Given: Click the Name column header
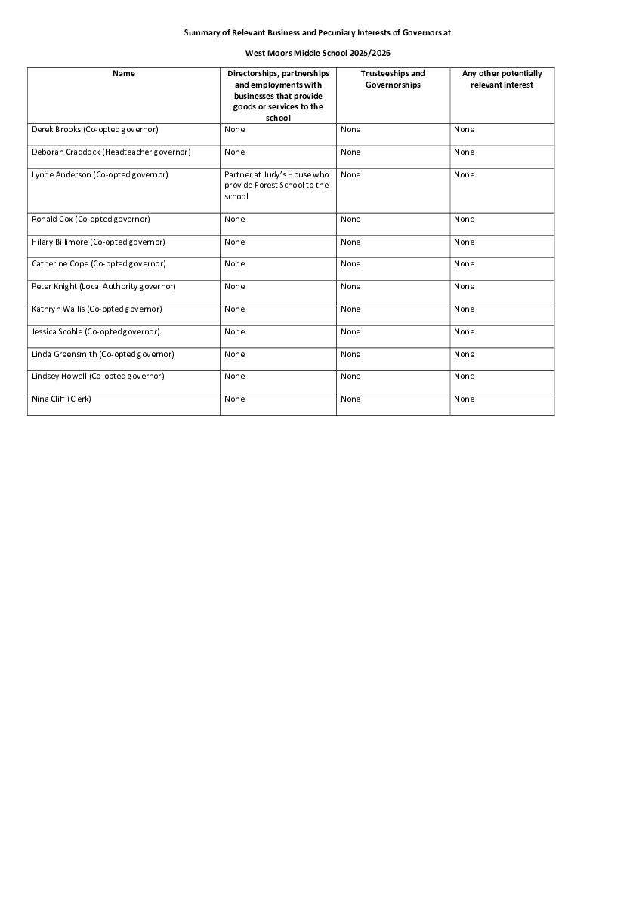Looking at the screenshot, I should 124,74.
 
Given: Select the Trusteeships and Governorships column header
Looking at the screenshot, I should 393,79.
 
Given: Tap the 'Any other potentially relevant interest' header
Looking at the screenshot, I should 502,79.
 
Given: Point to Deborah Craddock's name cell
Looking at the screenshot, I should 111,152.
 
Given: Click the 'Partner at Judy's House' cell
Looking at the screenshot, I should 276,186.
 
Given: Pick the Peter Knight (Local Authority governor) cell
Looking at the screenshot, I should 103,287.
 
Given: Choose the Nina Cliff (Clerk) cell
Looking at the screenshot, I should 61,399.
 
